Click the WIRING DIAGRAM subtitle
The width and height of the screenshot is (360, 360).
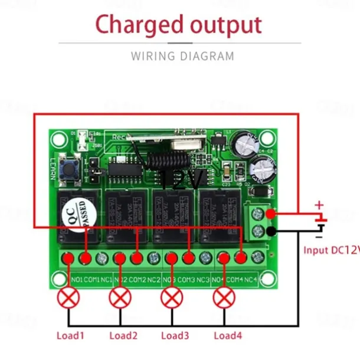pyautogui.click(x=182, y=57)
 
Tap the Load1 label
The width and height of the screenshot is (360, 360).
pyautogui.click(x=70, y=336)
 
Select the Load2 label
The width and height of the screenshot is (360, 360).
pyautogui.click(x=123, y=336)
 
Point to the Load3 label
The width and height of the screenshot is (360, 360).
pyautogui.click(x=175, y=336)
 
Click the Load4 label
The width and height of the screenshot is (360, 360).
pyautogui.click(x=228, y=336)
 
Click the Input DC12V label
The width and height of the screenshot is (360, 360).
pyautogui.click(x=331, y=250)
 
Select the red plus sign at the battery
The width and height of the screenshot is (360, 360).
pyautogui.click(x=319, y=205)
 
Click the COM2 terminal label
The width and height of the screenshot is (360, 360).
pyautogui.click(x=137, y=279)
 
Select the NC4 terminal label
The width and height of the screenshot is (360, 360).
pyautogui.click(x=250, y=279)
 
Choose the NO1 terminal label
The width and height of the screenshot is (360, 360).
pyautogui.click(x=76, y=279)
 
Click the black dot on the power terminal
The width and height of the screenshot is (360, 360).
pyautogui.click(x=270, y=231)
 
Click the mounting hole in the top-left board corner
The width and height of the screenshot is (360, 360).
pyautogui.click(x=58, y=139)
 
